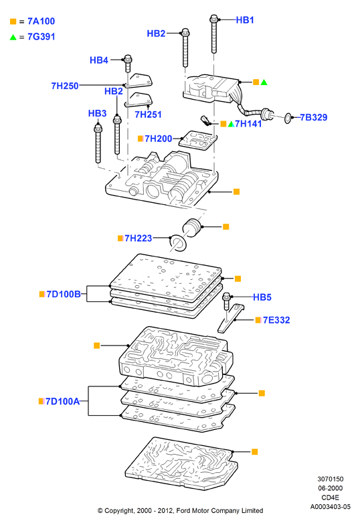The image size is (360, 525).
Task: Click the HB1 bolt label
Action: point(245,20)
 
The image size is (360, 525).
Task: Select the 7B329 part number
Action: point(313,118)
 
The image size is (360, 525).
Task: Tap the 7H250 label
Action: point(65,86)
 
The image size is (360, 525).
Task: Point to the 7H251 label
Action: point(149,115)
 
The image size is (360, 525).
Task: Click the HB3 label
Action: point(98,113)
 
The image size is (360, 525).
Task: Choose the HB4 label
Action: point(99,60)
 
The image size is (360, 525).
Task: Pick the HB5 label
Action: point(262,297)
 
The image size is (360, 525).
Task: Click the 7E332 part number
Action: point(276,320)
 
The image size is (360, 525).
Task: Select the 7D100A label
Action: point(63,401)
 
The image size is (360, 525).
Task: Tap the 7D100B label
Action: point(64,294)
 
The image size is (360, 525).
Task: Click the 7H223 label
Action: point(138,238)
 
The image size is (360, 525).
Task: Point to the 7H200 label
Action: point(158,139)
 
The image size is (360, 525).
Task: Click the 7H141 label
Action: point(248,124)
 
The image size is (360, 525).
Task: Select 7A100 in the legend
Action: point(41,21)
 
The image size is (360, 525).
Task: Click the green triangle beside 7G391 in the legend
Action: point(13,37)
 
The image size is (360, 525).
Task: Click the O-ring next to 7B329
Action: point(288,118)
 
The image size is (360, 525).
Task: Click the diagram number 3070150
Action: point(331,479)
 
